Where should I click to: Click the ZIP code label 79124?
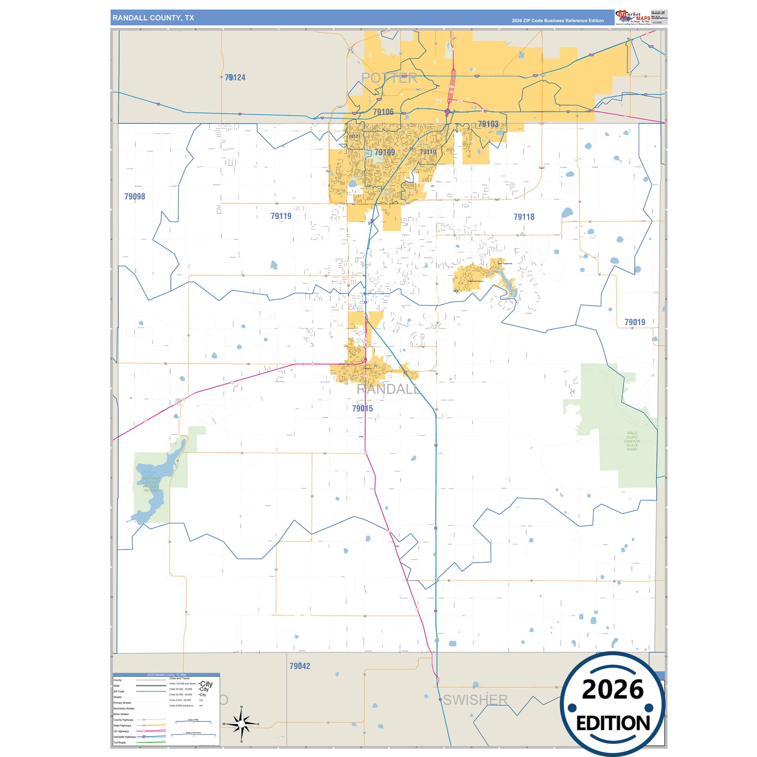pyautogui.click(x=235, y=78)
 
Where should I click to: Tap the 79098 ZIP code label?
pyautogui.click(x=135, y=196)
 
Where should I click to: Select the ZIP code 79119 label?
pyautogui.click(x=281, y=216)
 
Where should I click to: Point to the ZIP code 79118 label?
pyautogui.click(x=524, y=217)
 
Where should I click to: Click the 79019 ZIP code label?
pyautogui.click(x=634, y=322)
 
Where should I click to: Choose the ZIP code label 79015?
pyautogui.click(x=363, y=409)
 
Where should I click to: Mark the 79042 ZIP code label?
pyautogui.click(x=300, y=666)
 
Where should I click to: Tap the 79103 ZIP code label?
pyautogui.click(x=488, y=124)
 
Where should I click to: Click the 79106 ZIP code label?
pyautogui.click(x=383, y=112)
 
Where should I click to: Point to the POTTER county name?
pyautogui.click(x=389, y=78)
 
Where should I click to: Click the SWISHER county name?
pyautogui.click(x=475, y=700)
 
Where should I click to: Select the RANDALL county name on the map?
pyautogui.click(x=388, y=389)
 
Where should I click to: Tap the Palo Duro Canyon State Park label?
pyautogui.click(x=632, y=442)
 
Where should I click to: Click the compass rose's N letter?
pyautogui.click(x=242, y=707)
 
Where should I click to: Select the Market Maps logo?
pyautogui.click(x=633, y=17)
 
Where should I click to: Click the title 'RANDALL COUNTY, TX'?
pyautogui.click(x=153, y=18)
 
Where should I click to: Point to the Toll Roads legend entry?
pyautogui.click(x=120, y=742)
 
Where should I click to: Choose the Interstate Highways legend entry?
pyautogui.click(x=125, y=737)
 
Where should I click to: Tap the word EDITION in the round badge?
pyautogui.click(x=613, y=723)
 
